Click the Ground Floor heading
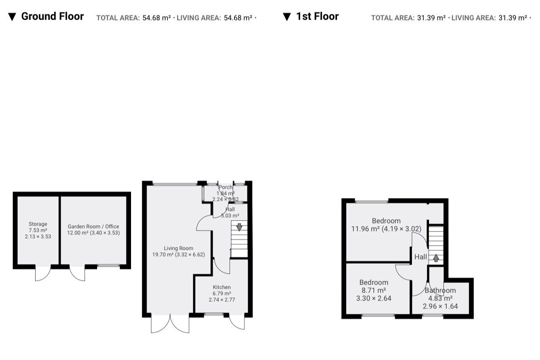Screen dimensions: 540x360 pos(52,16)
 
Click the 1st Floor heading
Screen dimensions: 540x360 pos(317,16)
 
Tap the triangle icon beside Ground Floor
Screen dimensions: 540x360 pos(12,17)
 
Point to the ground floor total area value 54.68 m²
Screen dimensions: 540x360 pos(157,18)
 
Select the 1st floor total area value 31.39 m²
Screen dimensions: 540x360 pos(431,18)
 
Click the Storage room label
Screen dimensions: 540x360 pos(38,224)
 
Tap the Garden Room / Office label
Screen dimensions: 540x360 pos(93,226)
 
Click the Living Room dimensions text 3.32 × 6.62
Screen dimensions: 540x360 pos(190,255)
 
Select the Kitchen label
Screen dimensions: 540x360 pos(222,287)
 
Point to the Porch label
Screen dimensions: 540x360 pos(225,187)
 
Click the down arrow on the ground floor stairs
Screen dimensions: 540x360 pos(239,227)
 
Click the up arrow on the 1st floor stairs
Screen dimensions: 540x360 pos(436,258)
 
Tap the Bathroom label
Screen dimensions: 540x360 pos(440,291)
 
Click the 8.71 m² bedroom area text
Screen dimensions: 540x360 pos(374,290)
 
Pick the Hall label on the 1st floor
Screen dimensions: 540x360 pos(421,257)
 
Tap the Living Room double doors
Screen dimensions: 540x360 pos(170,323)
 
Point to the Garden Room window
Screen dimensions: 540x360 pos(108,266)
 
